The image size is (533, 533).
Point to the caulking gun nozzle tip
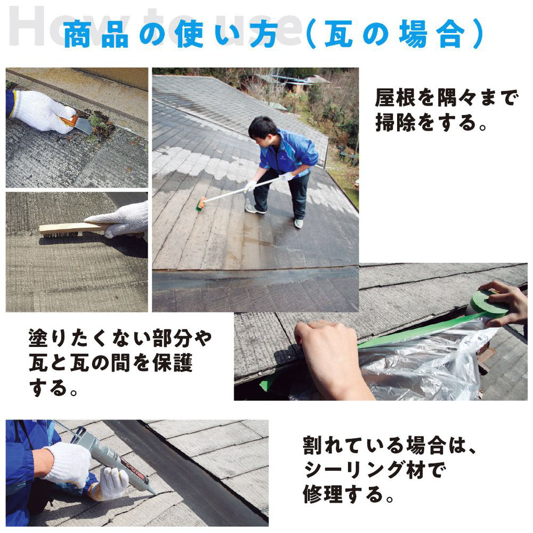(155, 492)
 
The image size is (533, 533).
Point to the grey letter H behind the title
(27, 26)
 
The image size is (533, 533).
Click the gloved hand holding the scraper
(43, 110)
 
